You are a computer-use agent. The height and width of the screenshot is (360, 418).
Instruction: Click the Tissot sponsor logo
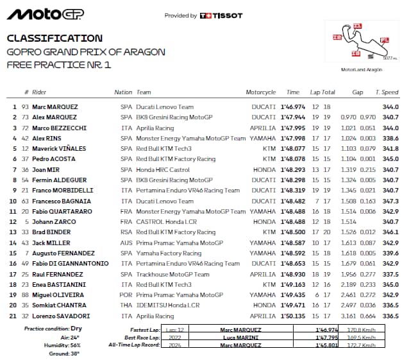222,15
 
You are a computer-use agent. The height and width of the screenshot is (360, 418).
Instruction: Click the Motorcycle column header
260,92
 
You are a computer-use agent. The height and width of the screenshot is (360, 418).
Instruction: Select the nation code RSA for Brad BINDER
126,232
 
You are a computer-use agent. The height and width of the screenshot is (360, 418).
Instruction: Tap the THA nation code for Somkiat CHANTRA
126,305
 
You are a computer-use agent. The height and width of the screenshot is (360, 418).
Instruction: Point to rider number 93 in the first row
26,107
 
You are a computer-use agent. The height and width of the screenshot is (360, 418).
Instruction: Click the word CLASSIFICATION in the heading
54,39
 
